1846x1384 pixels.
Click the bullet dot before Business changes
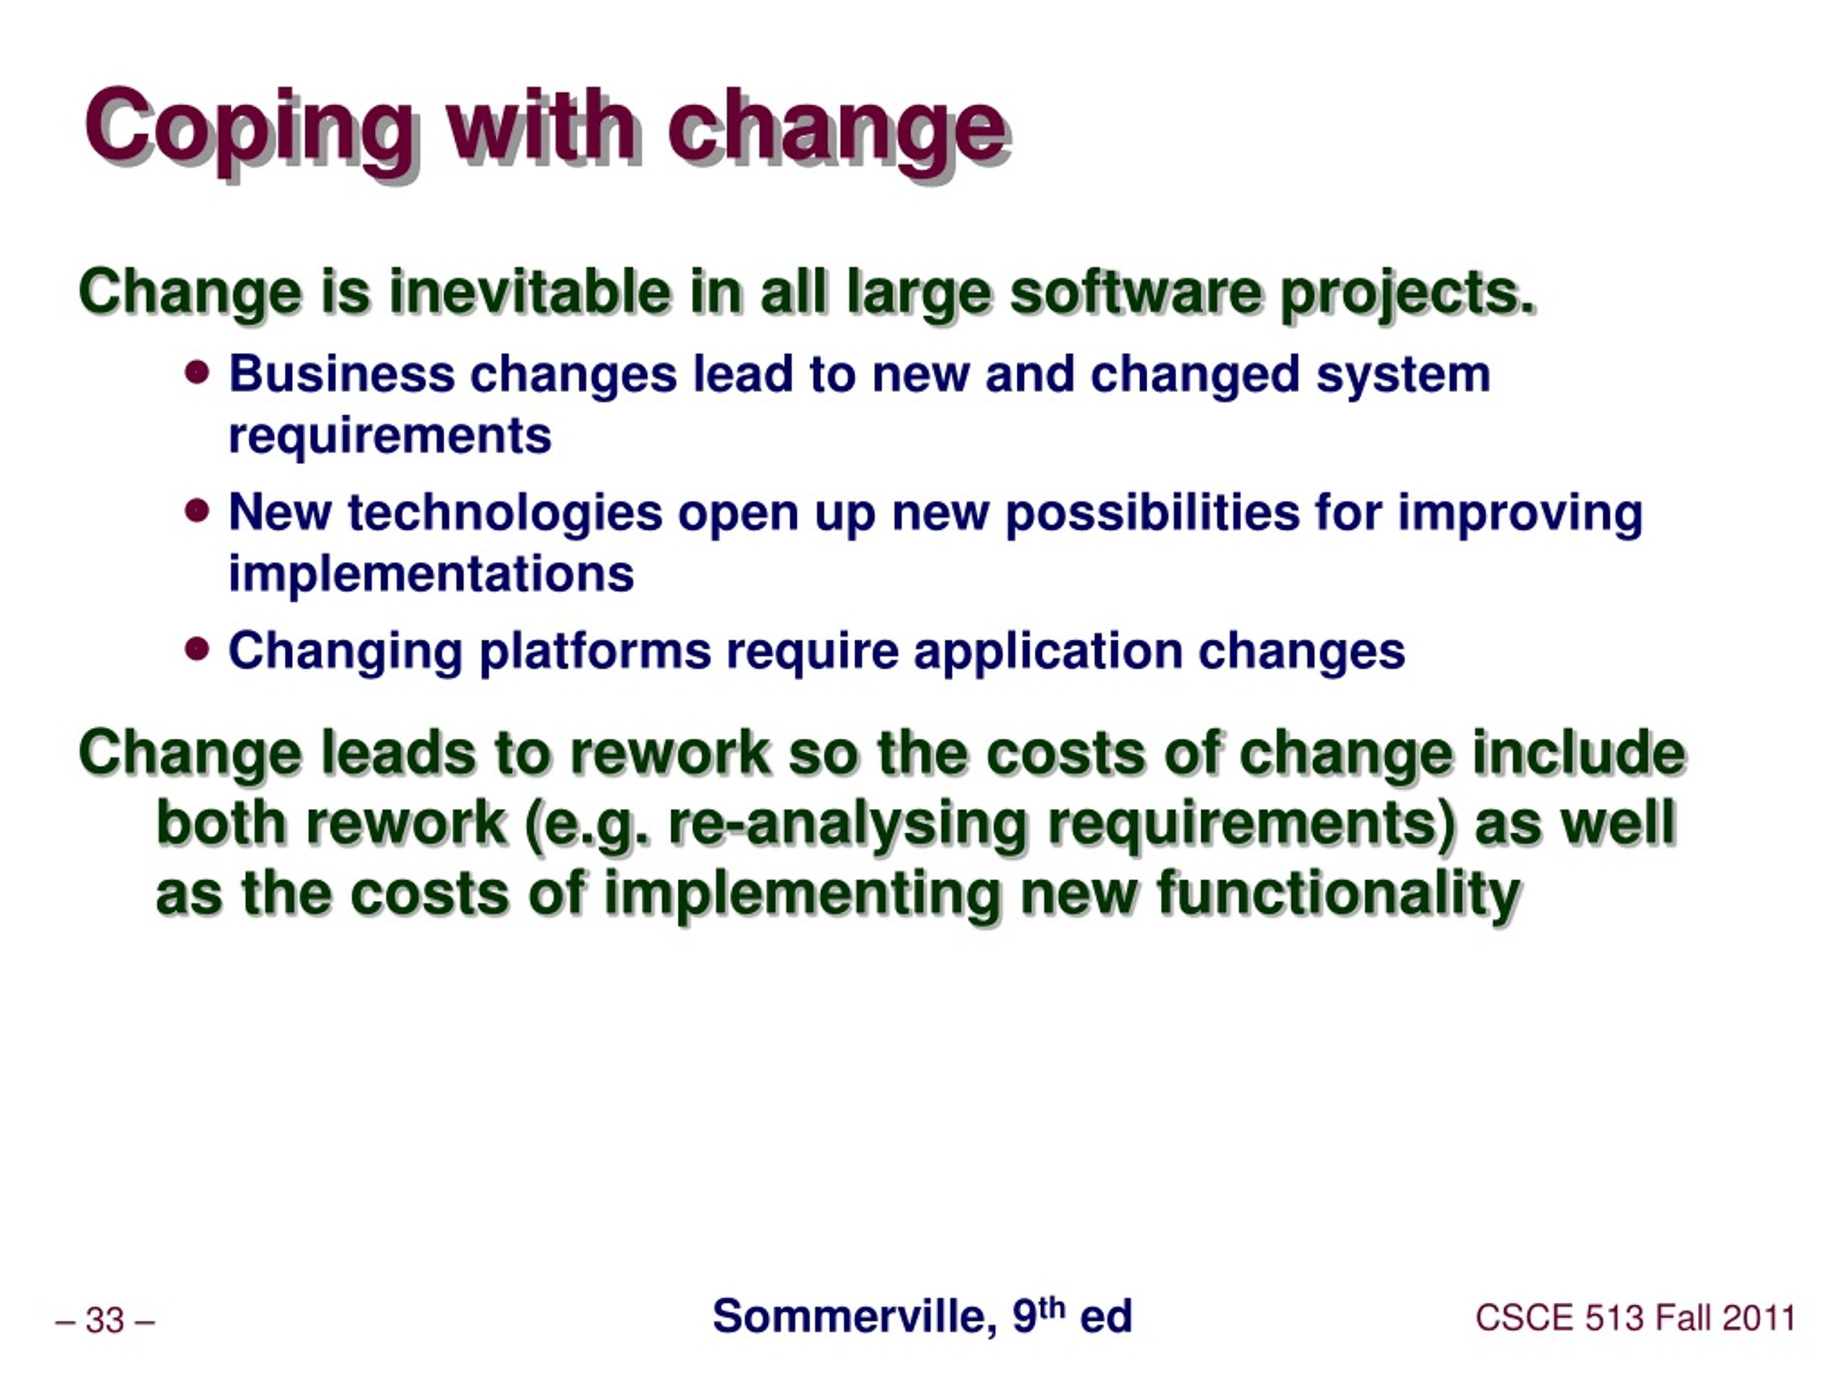pyautogui.click(x=197, y=372)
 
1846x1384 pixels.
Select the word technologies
pyautogui.click(x=505, y=514)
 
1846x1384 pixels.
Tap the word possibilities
pyautogui.click(x=1152, y=514)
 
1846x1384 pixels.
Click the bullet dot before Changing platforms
pyautogui.click(x=197, y=648)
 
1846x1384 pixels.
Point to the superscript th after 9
pyautogui.click(x=1052, y=1308)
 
